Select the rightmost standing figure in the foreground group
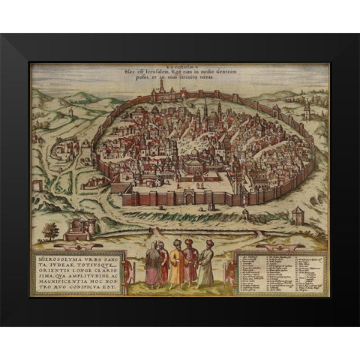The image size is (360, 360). (206, 265)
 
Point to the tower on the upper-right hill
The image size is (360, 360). (306, 110)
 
